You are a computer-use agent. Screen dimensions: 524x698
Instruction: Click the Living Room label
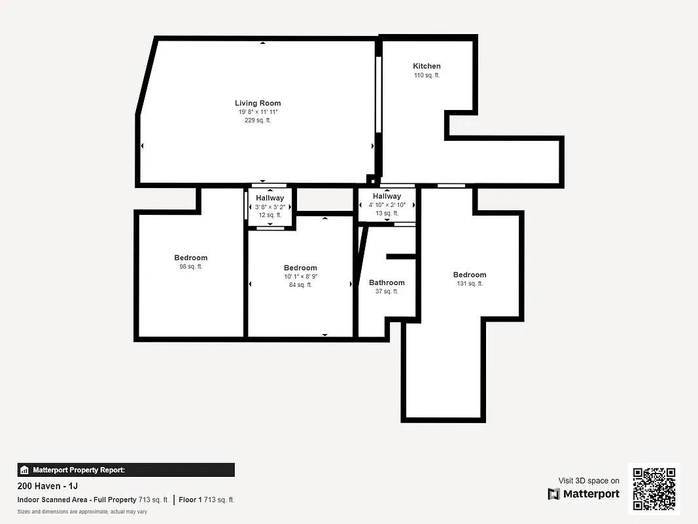click(258, 103)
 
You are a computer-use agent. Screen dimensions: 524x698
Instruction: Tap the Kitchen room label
click(427, 66)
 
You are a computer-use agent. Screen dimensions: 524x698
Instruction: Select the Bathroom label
click(387, 283)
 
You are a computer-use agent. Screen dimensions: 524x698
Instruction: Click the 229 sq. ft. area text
click(258, 121)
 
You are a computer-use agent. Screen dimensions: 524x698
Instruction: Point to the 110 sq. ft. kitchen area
click(427, 75)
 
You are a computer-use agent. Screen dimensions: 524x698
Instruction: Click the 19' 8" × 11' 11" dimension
click(258, 112)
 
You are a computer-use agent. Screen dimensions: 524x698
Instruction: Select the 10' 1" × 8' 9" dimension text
click(300, 276)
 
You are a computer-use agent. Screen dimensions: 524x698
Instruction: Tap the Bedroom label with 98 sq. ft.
click(190, 257)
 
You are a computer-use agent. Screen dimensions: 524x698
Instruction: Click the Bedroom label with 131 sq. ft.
click(470, 274)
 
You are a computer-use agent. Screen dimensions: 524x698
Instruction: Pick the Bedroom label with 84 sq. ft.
click(300, 267)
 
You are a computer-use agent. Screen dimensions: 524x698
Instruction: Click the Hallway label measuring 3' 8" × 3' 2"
click(270, 198)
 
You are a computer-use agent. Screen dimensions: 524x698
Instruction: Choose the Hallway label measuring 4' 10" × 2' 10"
click(387, 196)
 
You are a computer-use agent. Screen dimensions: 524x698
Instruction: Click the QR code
click(654, 489)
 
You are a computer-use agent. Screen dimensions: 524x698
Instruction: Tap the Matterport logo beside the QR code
click(584, 494)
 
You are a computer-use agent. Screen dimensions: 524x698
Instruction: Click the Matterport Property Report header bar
click(126, 470)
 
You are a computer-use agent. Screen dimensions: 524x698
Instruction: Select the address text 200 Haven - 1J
click(47, 487)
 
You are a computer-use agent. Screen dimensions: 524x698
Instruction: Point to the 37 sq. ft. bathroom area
click(387, 291)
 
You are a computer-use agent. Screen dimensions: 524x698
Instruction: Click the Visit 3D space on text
click(589, 481)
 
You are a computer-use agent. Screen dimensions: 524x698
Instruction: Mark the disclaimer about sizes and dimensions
click(82, 512)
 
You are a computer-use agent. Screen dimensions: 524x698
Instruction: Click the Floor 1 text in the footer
click(191, 500)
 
